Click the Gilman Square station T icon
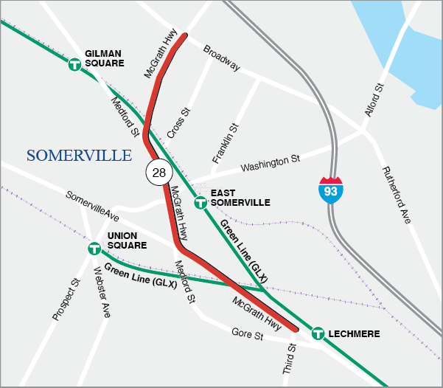tap(74, 65)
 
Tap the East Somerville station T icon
tap(199, 202)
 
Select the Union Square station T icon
tap(94, 249)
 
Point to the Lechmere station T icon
tap(318, 333)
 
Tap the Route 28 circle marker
tap(159, 173)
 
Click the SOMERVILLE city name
tap(79, 156)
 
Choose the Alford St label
tap(374, 100)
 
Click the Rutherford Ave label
tap(395, 195)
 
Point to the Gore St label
tap(247, 336)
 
